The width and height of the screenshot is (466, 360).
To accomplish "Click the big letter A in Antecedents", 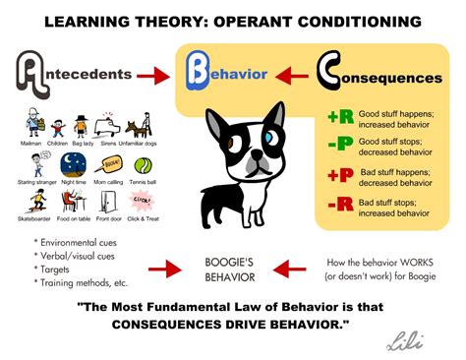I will (37, 72).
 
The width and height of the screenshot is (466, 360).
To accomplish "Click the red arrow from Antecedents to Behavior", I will (155, 75).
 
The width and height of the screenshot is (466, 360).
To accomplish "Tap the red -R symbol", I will (339, 207).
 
